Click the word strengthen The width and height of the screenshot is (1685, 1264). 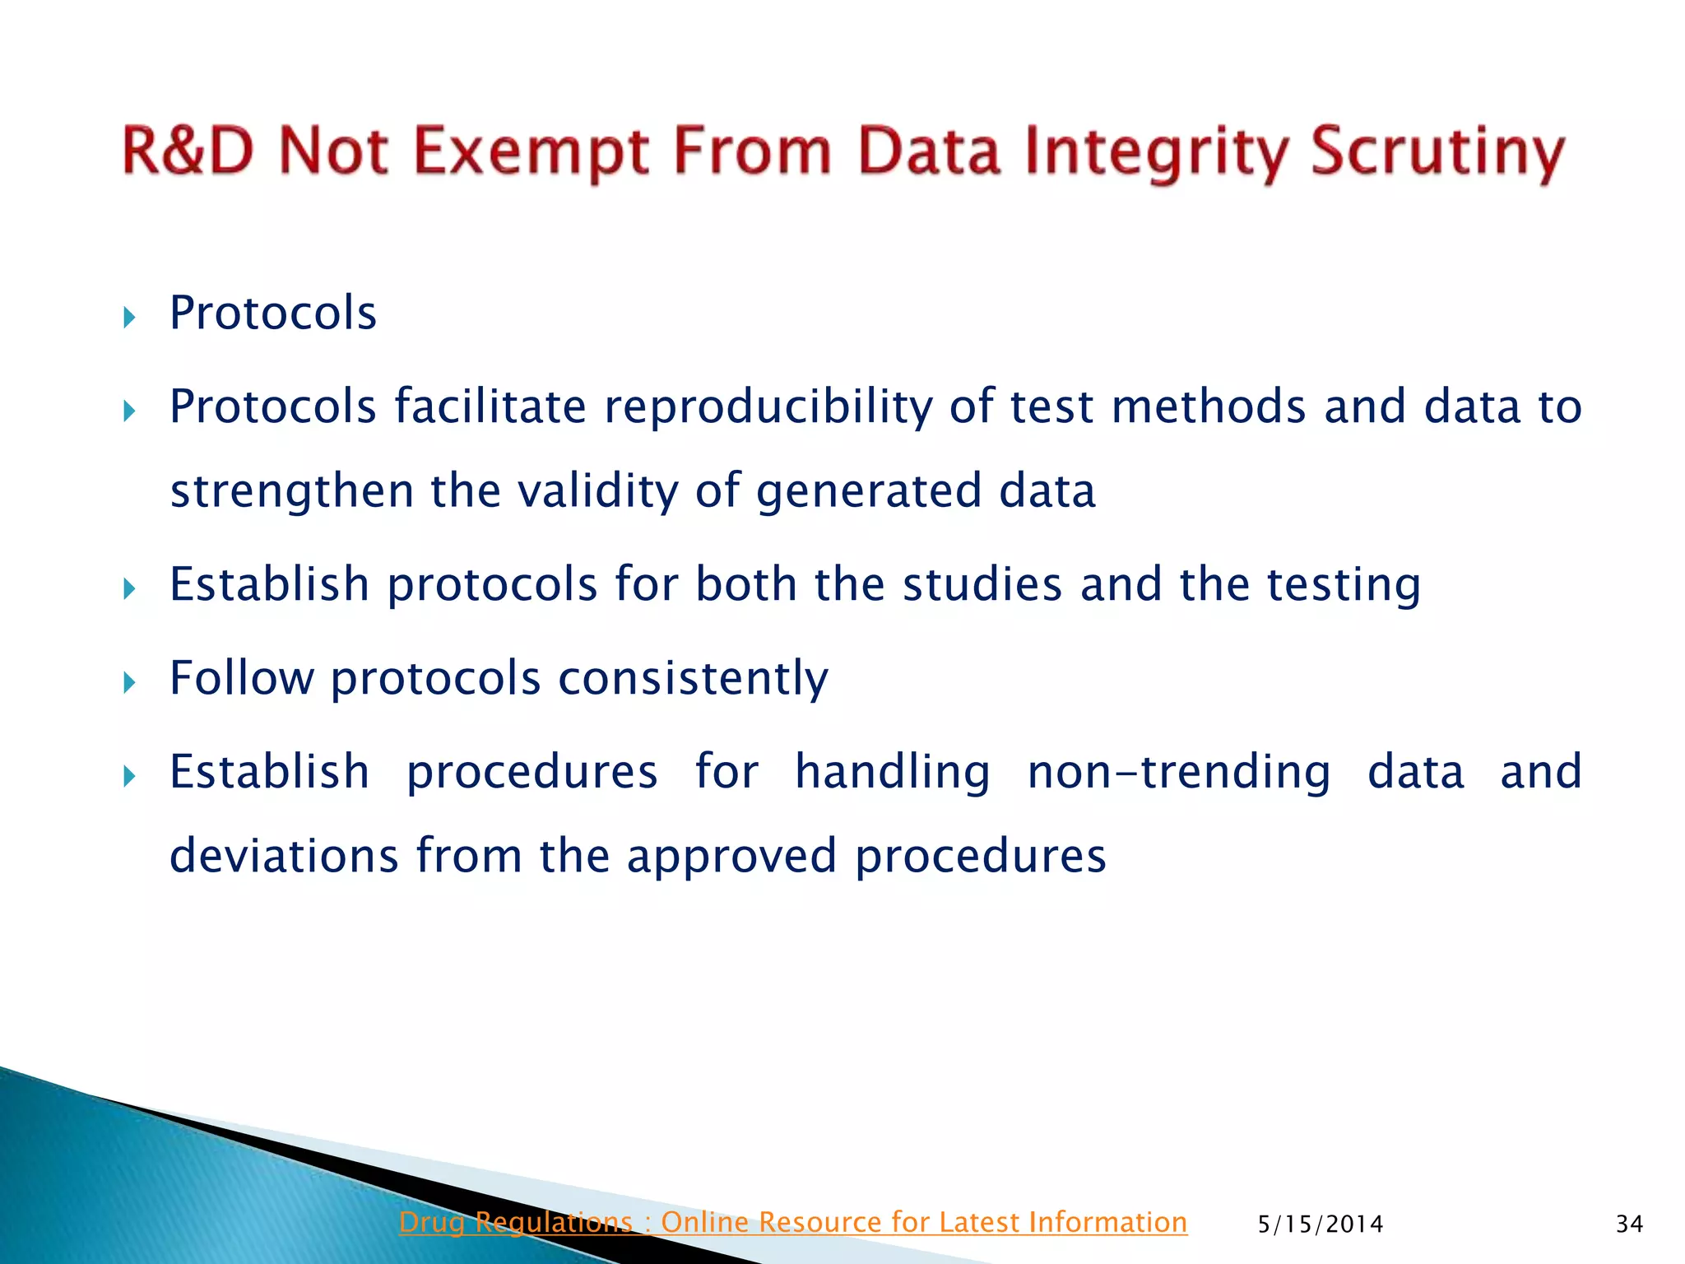[x=291, y=491]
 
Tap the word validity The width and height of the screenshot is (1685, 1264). [x=597, y=491]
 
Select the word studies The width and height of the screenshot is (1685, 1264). [x=982, y=585]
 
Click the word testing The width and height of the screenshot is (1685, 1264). [x=1344, y=585]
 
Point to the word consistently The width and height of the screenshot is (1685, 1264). [x=693, y=679]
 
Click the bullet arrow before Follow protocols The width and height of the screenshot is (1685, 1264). [x=129, y=682]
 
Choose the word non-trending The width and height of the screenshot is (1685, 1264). [x=1178, y=773]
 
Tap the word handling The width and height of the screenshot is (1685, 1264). [x=892, y=773]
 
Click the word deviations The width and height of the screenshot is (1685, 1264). [x=284, y=856]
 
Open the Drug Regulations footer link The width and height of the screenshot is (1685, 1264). [x=792, y=1222]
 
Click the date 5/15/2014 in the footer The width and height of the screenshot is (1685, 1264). [x=1321, y=1224]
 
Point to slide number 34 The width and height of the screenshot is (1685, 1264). [x=1629, y=1224]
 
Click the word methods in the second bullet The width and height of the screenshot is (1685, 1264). [x=1208, y=407]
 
